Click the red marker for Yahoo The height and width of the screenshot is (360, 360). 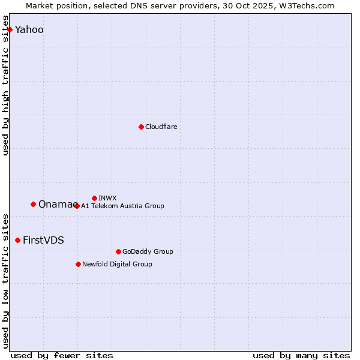tap(10, 29)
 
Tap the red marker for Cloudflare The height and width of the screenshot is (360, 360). tap(141, 127)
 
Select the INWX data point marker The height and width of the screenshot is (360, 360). tap(94, 198)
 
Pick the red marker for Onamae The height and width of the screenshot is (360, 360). tap(33, 204)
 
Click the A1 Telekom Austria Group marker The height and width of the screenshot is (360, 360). tap(76, 206)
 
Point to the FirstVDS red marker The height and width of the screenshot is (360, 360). tap(17, 240)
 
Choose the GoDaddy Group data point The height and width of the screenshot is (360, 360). tap(118, 251)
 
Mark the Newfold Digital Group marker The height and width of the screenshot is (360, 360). tap(78, 264)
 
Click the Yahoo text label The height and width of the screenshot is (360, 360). tap(29, 29)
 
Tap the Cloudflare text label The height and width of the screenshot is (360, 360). tap(161, 127)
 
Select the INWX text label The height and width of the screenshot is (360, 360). tap(107, 198)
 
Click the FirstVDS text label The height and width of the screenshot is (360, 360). tap(43, 240)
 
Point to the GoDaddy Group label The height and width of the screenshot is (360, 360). tap(147, 251)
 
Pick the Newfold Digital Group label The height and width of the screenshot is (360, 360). tap(117, 264)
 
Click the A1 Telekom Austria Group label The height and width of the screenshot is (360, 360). tap(122, 206)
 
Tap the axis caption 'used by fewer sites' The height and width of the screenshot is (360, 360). tap(62, 355)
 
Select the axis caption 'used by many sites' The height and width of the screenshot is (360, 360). tap(301, 355)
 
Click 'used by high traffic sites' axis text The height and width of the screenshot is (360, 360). tap(6, 85)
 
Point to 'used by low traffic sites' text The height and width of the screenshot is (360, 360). tap(6, 280)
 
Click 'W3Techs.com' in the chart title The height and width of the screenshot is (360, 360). tap(310, 5)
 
